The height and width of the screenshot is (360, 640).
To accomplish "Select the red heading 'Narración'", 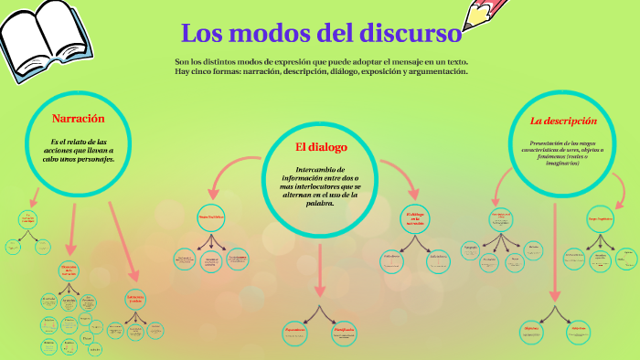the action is tap(78, 118).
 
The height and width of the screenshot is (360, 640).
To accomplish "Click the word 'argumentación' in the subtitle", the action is tap(437, 71).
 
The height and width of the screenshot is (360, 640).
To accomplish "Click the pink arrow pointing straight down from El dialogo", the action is tap(319, 270).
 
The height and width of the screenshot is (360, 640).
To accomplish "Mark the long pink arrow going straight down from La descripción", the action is tap(554, 256).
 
